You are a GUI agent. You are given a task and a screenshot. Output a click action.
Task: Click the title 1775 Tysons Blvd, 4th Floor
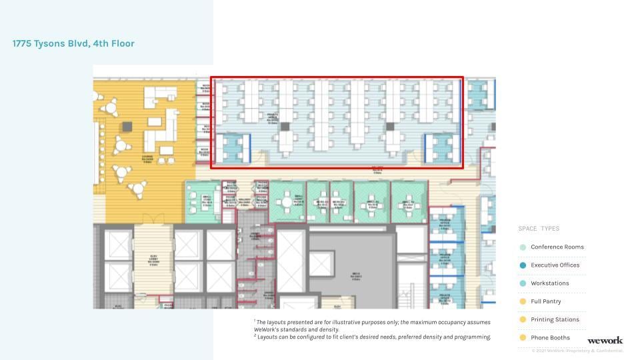tap(73, 44)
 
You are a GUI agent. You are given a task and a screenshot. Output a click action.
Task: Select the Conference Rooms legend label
tap(557, 247)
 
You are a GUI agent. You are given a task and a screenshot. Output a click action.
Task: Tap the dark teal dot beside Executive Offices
tap(523, 265)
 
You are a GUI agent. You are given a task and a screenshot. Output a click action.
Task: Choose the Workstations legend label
tap(549, 283)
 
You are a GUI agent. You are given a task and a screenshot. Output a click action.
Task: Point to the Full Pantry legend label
tap(545, 301)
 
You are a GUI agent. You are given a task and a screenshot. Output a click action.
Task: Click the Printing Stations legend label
tap(555, 320)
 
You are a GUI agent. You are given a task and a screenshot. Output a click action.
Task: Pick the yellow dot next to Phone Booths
tap(523, 338)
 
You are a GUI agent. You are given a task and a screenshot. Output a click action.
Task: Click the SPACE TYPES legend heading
tap(539, 229)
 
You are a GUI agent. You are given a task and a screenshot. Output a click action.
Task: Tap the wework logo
tap(605, 341)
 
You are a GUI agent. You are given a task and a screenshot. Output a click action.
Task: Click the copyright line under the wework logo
tap(577, 351)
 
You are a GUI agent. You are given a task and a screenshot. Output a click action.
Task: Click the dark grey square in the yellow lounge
tap(127, 125)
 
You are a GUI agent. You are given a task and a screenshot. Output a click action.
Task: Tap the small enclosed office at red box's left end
tap(233, 149)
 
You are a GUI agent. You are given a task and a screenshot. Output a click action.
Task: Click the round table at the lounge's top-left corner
tap(112, 105)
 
